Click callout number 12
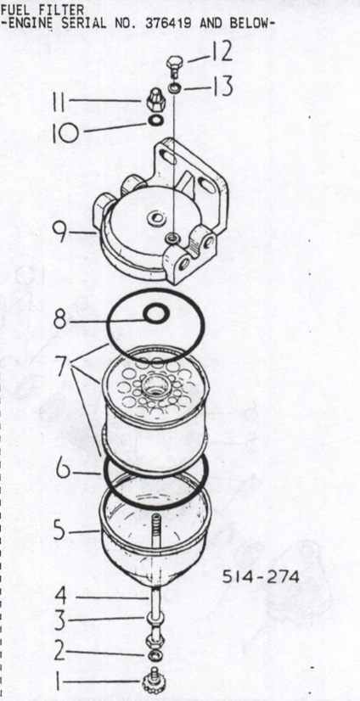(222, 53)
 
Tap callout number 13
(222, 87)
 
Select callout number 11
(59, 102)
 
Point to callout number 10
(65, 132)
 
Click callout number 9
(60, 232)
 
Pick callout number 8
(60, 320)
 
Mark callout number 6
(63, 469)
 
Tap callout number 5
(60, 530)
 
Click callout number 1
(58, 682)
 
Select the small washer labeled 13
(174, 88)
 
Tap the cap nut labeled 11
(156, 101)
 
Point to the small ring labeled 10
(155, 121)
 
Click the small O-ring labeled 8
(156, 314)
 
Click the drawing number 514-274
(261, 577)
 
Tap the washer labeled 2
(155, 655)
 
